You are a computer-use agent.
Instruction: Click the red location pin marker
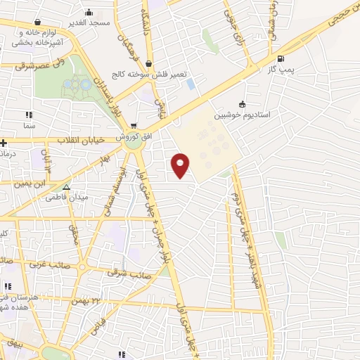pos(181,165)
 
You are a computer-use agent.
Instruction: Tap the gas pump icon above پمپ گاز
pos(281,58)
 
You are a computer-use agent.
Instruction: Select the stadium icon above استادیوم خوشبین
pos(242,102)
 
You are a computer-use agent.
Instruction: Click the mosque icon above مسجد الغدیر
pos(89,13)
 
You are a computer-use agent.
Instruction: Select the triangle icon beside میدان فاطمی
pos(66,188)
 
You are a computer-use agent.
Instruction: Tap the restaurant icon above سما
pos(29,114)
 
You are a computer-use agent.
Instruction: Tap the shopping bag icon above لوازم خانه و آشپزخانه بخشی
pos(32,22)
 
